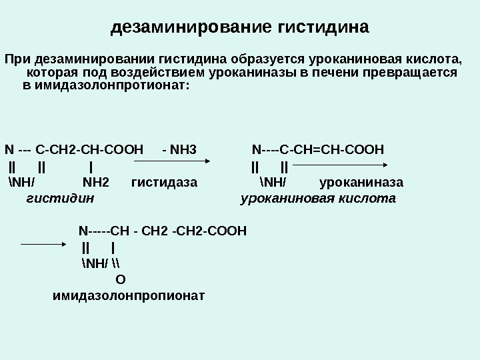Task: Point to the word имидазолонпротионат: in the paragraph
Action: pos(106,87)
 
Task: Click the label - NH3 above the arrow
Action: pos(179,148)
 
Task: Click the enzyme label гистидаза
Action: pos(165,182)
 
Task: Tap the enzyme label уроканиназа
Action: pos(361,182)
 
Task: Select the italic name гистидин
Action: pos(60,198)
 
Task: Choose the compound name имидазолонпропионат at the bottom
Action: pos(129,295)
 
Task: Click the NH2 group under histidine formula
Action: pos(99,182)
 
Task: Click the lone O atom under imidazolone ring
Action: pos(120,278)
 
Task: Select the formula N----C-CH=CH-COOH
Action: pos(318,148)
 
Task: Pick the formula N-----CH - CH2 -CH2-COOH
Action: pos(162,231)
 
